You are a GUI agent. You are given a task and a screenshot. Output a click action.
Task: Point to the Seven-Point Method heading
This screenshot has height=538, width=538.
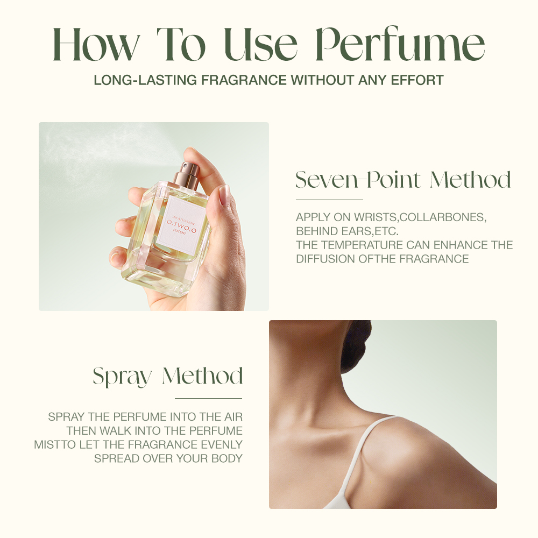pyautogui.click(x=403, y=180)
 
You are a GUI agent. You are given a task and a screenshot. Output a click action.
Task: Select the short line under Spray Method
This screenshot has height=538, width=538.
pyautogui.click(x=208, y=398)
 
